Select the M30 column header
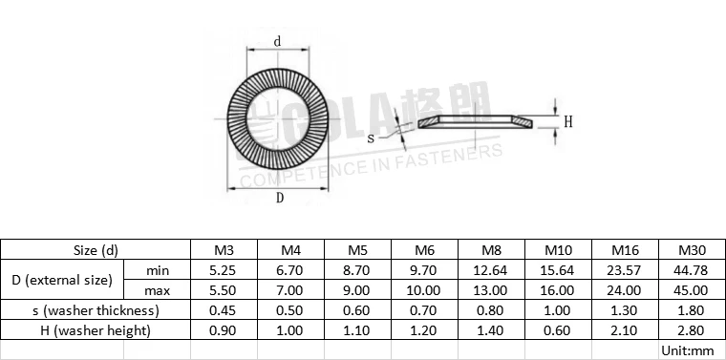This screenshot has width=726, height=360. pyautogui.click(x=692, y=250)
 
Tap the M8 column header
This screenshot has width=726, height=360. pyautogui.click(x=491, y=250)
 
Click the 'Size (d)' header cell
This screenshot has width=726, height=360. pyautogui.click(x=96, y=250)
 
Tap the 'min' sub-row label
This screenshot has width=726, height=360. pyautogui.click(x=158, y=270)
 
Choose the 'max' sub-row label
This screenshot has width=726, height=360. pyautogui.click(x=158, y=290)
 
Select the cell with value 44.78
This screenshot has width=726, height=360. pyautogui.click(x=692, y=270)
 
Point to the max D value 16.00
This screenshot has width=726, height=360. pyautogui.click(x=558, y=290)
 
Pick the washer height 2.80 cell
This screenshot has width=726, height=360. pyautogui.click(x=692, y=330)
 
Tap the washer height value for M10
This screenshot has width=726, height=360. pyautogui.click(x=558, y=330)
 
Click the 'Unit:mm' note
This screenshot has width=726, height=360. pyautogui.click(x=687, y=350)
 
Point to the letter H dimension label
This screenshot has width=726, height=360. pyautogui.click(x=567, y=121)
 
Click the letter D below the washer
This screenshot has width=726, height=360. pyautogui.click(x=279, y=199)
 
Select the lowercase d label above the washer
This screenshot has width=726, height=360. pyautogui.click(x=277, y=41)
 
